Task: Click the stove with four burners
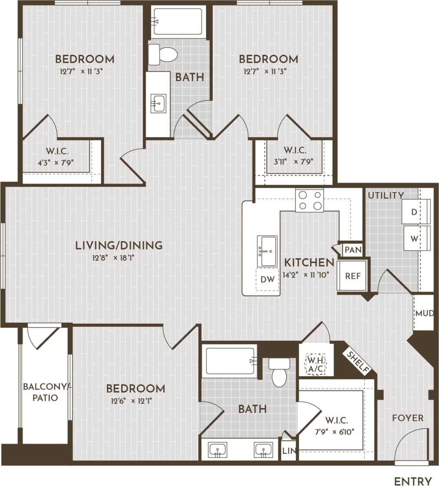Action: [309, 200]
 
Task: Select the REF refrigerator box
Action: [353, 276]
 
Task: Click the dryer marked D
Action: [415, 212]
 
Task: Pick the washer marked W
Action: [415, 239]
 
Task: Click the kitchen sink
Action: [267, 251]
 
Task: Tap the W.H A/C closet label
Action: [316, 365]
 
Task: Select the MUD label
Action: [424, 313]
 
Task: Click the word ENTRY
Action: [413, 481]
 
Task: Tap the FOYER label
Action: [407, 418]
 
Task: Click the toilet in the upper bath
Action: [163, 55]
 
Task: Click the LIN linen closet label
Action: [288, 450]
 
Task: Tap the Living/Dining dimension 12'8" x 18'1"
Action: [119, 258]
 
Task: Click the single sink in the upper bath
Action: [158, 103]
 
